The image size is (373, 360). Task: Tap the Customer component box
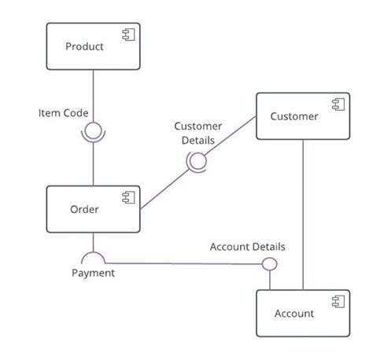tap(302, 117)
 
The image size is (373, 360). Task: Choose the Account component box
tap(302, 314)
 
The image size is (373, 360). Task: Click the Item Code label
tap(63, 113)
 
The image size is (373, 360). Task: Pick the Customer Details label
tap(198, 132)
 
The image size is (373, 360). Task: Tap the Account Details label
tap(247, 247)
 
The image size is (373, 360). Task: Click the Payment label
tap(93, 274)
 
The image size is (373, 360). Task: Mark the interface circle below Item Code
tap(94, 130)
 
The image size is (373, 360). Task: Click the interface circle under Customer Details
tap(196, 160)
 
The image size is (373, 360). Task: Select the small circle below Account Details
tap(269, 264)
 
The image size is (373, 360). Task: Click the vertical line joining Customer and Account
tap(302, 212)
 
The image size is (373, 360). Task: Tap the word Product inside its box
tap(84, 46)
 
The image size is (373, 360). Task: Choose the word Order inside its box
tap(84, 209)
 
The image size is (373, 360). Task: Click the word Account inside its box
tap(294, 314)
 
